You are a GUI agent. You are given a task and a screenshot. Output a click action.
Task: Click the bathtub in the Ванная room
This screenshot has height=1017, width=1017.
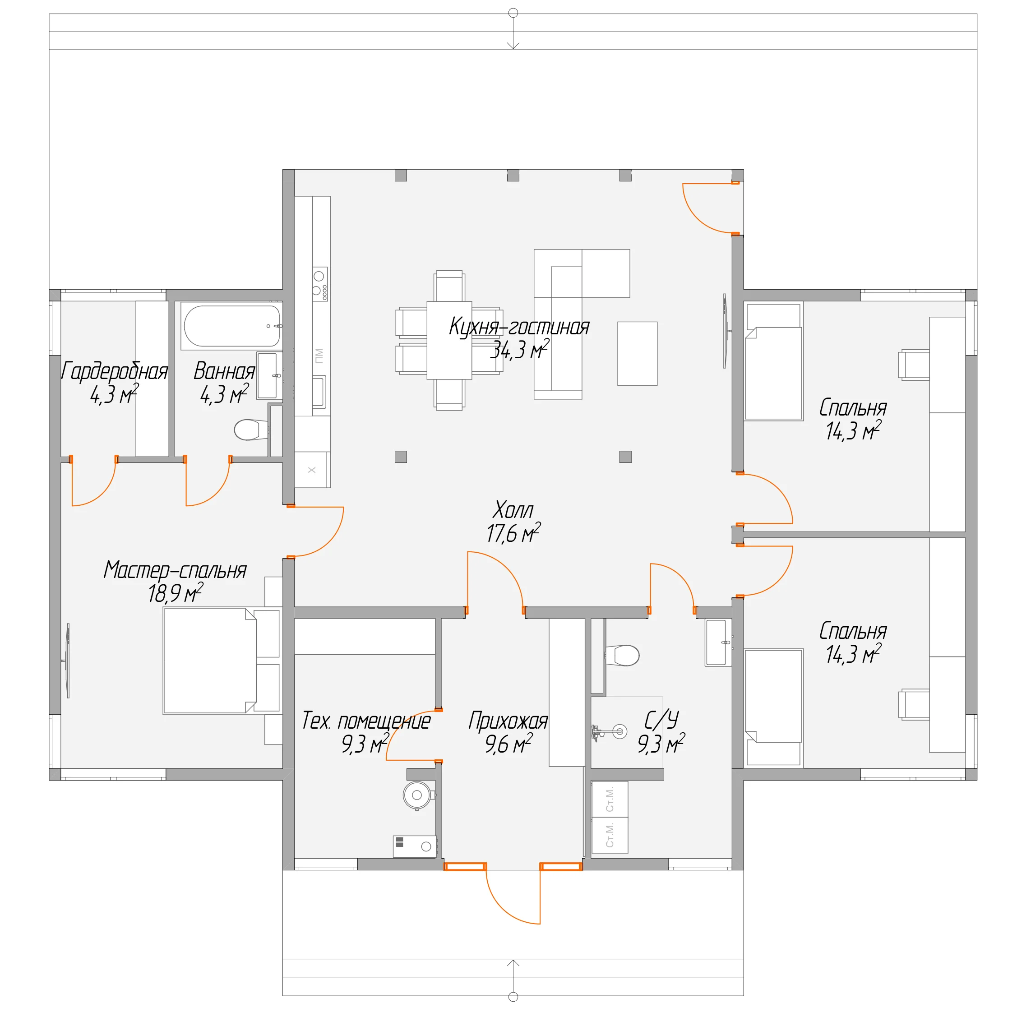point(232,326)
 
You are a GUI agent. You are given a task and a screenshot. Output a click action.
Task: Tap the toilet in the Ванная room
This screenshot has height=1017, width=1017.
point(251,430)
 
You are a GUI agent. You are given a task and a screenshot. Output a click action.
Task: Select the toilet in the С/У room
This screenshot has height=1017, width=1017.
point(623,655)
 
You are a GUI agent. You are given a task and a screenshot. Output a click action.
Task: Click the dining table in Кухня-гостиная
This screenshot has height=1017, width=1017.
point(449,340)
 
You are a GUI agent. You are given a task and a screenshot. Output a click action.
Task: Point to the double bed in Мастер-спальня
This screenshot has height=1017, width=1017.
point(209,661)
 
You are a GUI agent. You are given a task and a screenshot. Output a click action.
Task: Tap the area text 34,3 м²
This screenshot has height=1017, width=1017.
point(520,350)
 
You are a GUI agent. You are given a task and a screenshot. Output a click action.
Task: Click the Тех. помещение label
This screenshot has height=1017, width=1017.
point(366,721)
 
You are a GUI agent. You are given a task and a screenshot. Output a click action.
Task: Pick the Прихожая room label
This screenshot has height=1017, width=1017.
point(508,721)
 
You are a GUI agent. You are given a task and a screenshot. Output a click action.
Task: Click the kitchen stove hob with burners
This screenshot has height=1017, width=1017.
point(320,284)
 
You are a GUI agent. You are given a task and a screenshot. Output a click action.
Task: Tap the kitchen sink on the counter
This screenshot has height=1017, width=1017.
point(319,392)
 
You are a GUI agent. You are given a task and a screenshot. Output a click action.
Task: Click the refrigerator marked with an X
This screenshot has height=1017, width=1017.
point(312,470)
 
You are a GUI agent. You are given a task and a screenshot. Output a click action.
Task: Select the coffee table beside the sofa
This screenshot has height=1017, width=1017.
point(638,354)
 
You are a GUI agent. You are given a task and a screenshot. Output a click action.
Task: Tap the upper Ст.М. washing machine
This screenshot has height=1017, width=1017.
point(610,800)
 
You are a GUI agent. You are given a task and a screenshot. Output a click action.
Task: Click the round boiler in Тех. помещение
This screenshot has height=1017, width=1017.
point(417,795)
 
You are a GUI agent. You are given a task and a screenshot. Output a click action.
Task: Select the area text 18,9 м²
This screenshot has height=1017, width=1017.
point(175,593)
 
